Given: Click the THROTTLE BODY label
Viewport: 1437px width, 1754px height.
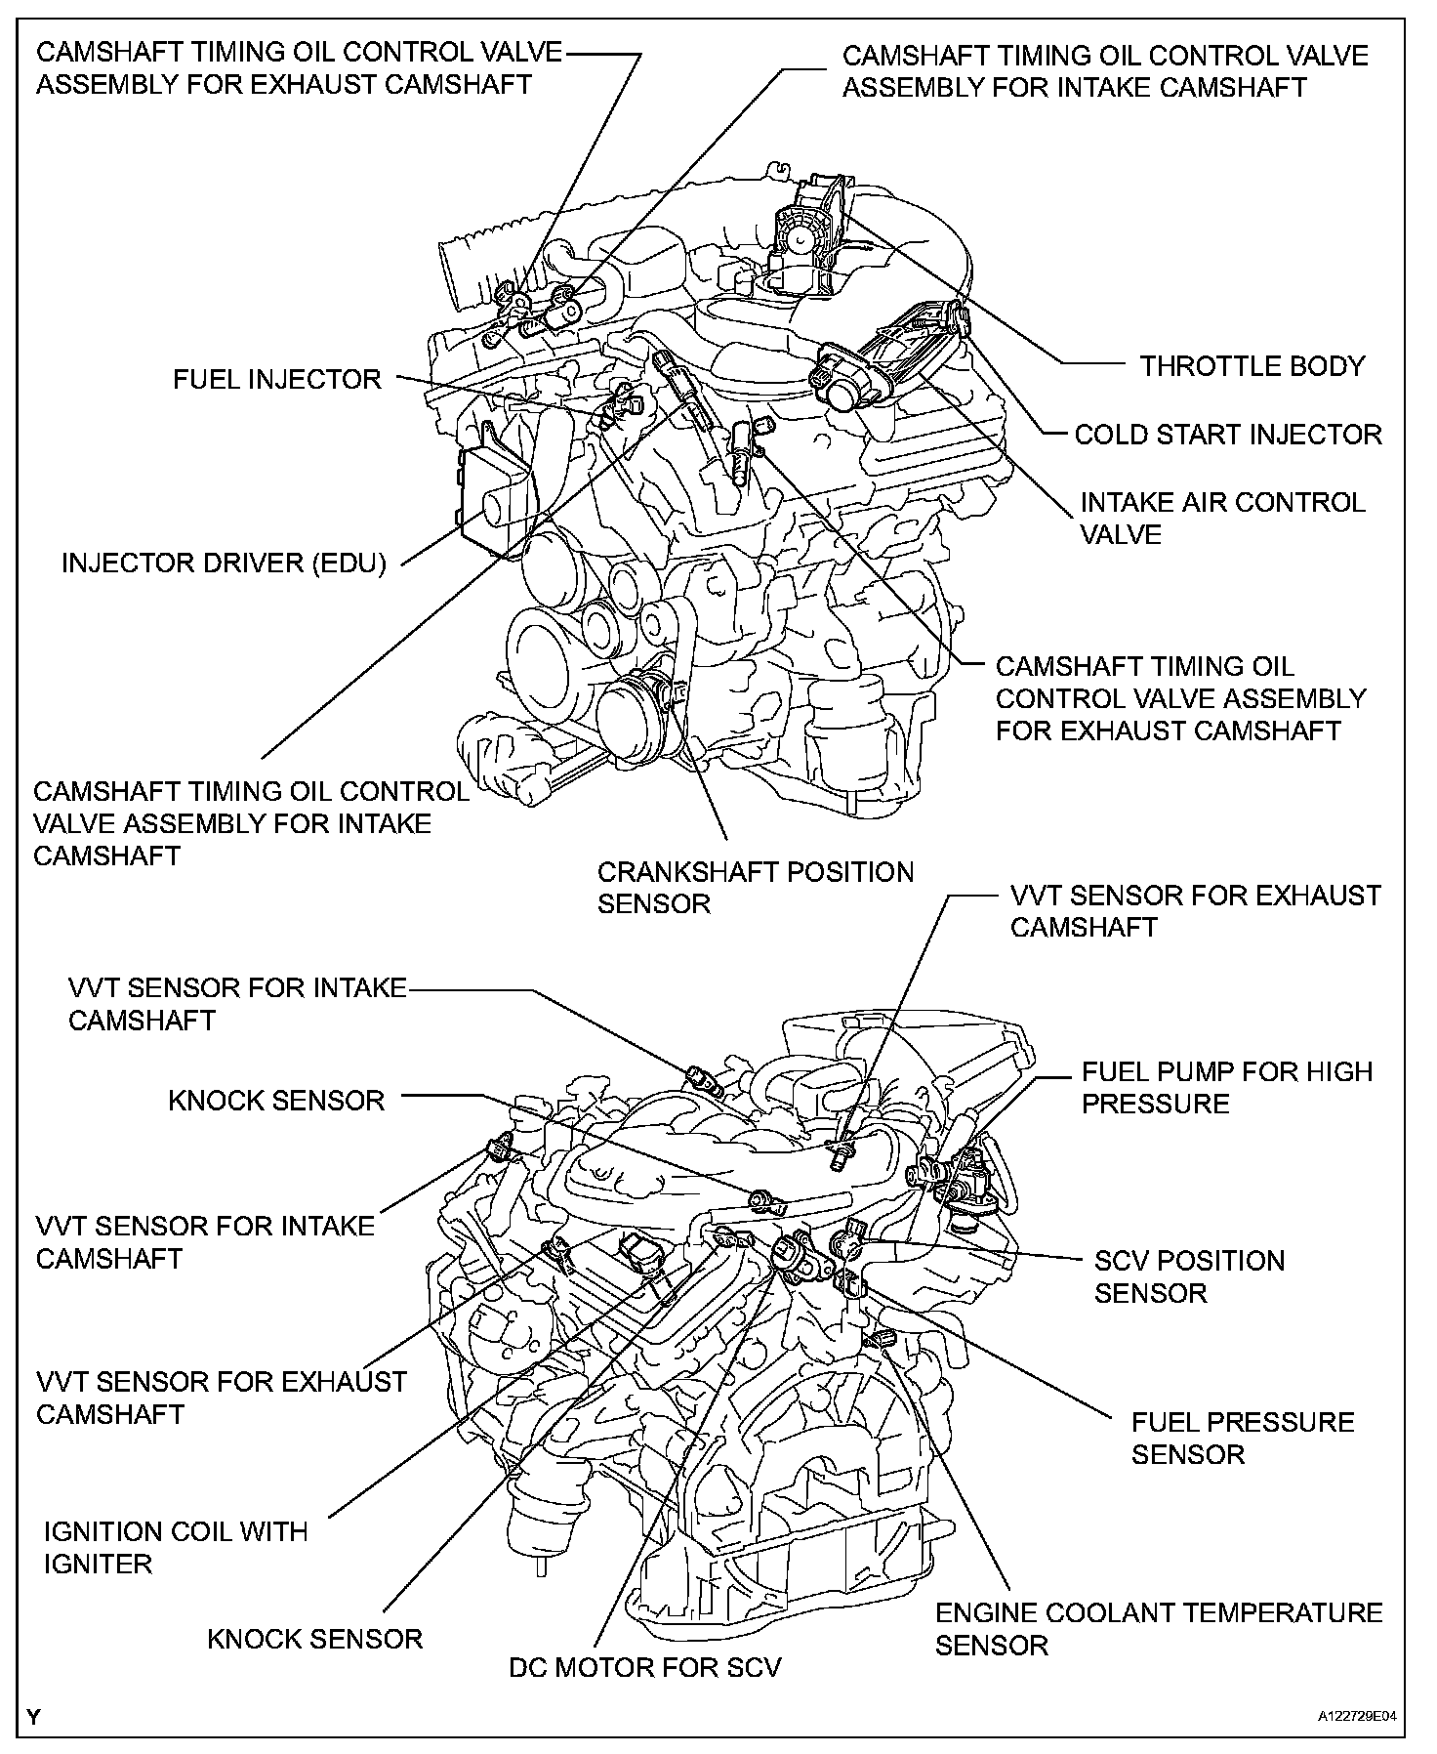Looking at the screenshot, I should tap(1252, 366).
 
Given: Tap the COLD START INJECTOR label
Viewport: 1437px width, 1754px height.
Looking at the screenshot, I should tap(1228, 435).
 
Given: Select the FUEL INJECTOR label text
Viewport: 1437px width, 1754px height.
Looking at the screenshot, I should tap(277, 379).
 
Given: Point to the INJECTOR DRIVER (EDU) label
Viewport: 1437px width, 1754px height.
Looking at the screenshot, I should tap(225, 564).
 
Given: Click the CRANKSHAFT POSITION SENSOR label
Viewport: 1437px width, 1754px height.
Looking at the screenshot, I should tap(756, 887).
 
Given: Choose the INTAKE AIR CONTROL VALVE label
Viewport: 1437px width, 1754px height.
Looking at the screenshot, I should tap(1222, 518).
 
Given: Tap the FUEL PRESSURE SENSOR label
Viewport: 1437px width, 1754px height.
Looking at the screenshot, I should tap(1243, 1438).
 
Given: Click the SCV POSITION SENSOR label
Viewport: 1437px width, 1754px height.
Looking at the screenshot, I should tap(1189, 1276).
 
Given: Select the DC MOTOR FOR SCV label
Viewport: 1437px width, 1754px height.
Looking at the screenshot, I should tap(645, 1667).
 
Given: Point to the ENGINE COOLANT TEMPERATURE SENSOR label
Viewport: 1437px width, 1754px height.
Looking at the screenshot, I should tap(1159, 1628).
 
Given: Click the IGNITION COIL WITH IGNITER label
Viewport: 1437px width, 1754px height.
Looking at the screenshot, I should tap(176, 1547).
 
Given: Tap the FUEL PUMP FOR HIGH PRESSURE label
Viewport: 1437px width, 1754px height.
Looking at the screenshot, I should tap(1227, 1087).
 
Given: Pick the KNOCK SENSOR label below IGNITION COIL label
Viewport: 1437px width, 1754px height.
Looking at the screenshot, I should tap(315, 1638).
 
